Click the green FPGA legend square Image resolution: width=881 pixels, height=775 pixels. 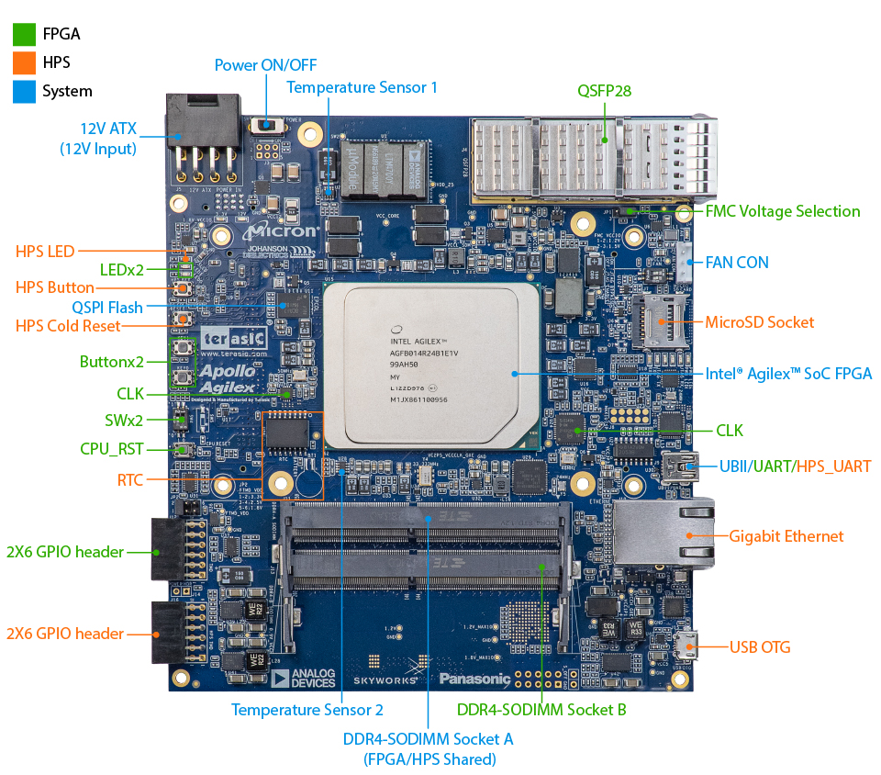pos(24,35)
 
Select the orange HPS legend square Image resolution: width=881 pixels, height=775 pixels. pos(24,62)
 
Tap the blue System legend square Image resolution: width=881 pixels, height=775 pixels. pos(24,91)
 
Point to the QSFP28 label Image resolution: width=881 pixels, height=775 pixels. pos(604,91)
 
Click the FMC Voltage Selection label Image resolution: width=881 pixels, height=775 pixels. pos(782,211)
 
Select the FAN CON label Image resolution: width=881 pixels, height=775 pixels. pos(736,262)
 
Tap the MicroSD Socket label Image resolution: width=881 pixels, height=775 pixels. pos(759,322)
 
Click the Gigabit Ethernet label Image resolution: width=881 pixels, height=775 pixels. pos(786,536)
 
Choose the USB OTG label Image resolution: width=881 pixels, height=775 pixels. pos(760,647)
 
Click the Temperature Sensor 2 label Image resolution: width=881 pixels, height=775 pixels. pos(307,709)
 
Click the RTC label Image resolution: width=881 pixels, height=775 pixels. pos(129,479)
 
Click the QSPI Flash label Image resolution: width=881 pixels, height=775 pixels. pos(106,306)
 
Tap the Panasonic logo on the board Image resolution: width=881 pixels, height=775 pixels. pos(474,679)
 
